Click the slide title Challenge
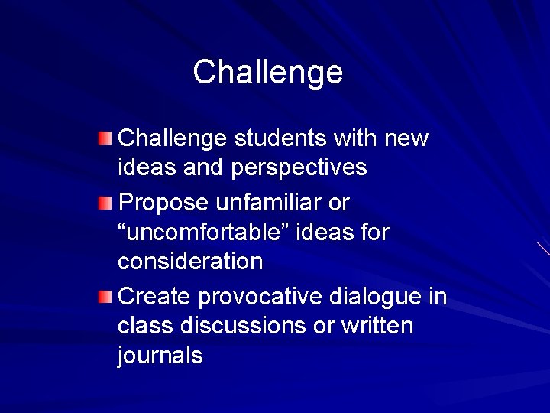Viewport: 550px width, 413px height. pyautogui.click(x=268, y=73)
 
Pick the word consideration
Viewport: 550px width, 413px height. pyautogui.click(x=190, y=261)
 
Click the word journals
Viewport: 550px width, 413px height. pyautogui.click(x=160, y=355)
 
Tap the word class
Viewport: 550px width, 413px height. pyautogui.click(x=146, y=325)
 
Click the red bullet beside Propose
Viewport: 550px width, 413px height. pyautogui.click(x=105, y=203)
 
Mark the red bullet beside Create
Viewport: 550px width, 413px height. pyautogui.click(x=105, y=296)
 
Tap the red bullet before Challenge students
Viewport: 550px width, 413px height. pyautogui.click(x=105, y=138)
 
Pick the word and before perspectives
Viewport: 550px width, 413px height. pyautogui.click(x=202, y=167)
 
